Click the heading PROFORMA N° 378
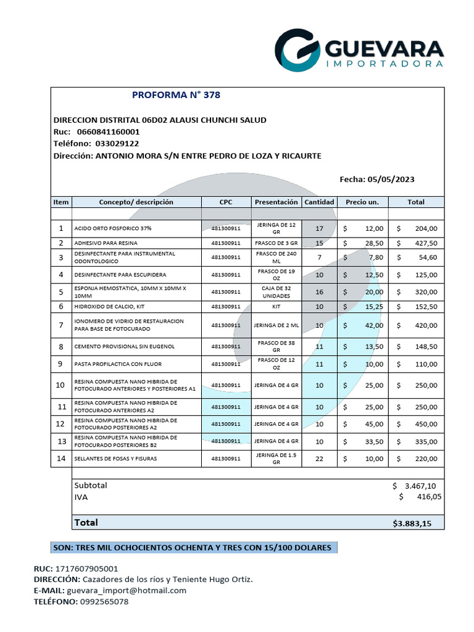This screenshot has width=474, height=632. coord(176,95)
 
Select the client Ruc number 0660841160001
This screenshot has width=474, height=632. coord(108,131)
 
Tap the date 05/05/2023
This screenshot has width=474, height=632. coord(391,179)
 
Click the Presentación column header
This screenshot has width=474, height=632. coord(276,202)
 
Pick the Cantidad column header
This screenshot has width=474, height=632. coord(319,202)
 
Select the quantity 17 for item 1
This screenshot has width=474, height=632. coord(319,228)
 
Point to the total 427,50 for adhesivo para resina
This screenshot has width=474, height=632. coord(425,243)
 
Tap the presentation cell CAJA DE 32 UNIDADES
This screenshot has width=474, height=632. coord(276,292)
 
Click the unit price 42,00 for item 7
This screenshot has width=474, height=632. coord(374,325)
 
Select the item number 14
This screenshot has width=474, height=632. coord(60,459)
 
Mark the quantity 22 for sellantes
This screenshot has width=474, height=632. coord(319,459)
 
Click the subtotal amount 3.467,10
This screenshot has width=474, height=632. coord(422,486)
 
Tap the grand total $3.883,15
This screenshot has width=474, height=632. coord(412,523)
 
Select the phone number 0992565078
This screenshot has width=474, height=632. coord(104,601)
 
